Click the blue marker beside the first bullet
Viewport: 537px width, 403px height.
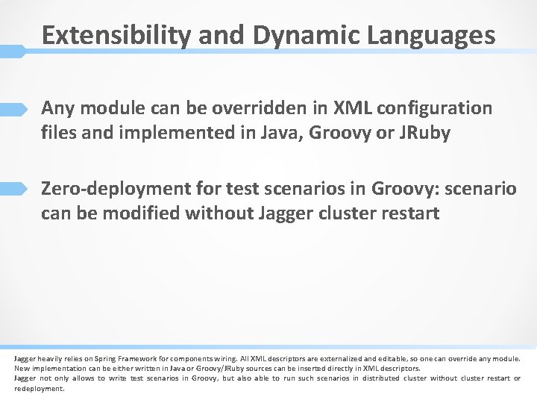click(14, 109)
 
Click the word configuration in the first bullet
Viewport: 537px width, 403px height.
click(435, 108)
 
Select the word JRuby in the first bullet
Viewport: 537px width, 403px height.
click(424, 134)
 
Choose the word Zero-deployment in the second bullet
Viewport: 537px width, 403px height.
click(113, 188)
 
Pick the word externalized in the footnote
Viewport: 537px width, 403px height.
click(323, 359)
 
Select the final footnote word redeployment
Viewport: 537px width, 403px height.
click(40, 388)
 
